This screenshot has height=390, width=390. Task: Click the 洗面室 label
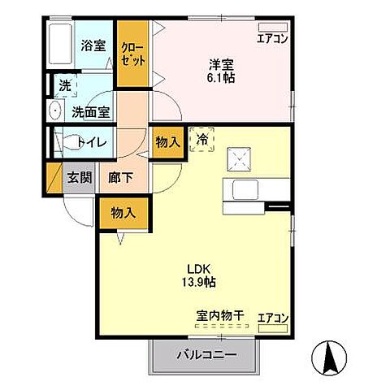coord(89,111)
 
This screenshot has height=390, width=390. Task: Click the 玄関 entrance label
coord(78,178)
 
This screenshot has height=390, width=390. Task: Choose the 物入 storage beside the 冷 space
coord(168,143)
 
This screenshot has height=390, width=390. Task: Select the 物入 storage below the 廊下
coord(123,214)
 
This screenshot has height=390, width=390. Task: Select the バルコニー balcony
coord(207,354)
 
